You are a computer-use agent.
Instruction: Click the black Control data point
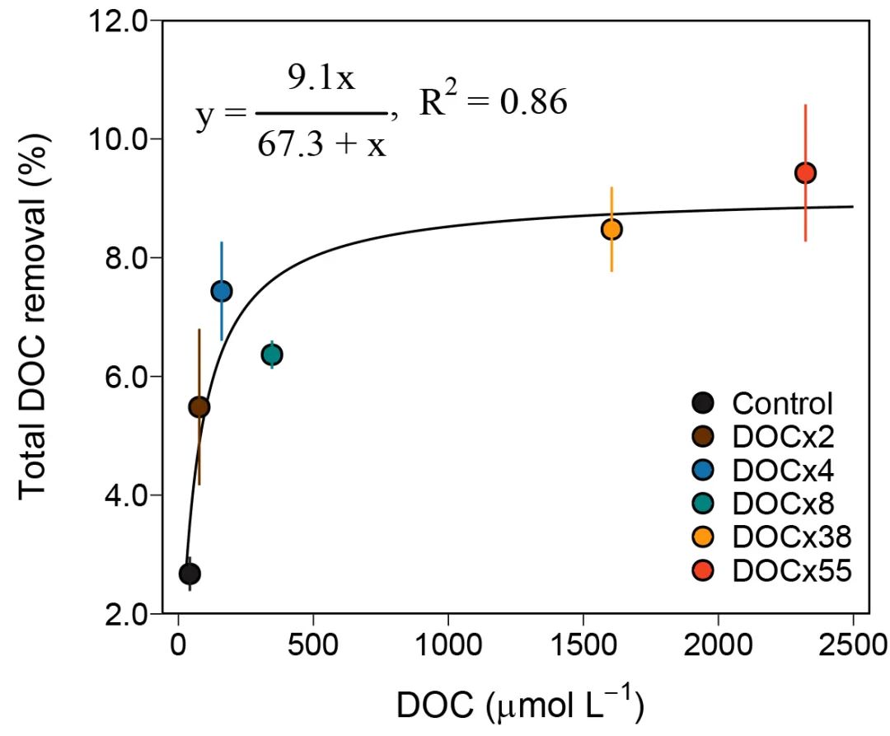[x=190, y=574]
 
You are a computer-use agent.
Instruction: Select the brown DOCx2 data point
[x=199, y=407]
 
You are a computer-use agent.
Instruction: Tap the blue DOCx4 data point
[x=221, y=291]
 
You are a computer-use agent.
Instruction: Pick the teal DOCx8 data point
[x=272, y=354]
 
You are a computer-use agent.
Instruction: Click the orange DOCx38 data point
[x=611, y=229]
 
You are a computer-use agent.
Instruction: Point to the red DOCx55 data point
[x=805, y=173]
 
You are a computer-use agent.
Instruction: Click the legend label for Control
[x=782, y=404]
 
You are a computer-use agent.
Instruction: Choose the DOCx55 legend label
[x=790, y=570]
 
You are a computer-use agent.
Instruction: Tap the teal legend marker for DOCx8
[x=703, y=504]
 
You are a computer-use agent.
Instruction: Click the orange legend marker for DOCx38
[x=703, y=537]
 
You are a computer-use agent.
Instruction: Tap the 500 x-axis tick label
[x=313, y=645]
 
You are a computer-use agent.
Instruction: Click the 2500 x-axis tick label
[x=852, y=645]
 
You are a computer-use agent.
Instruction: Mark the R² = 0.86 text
[x=493, y=105]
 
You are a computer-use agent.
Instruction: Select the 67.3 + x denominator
[x=321, y=145]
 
